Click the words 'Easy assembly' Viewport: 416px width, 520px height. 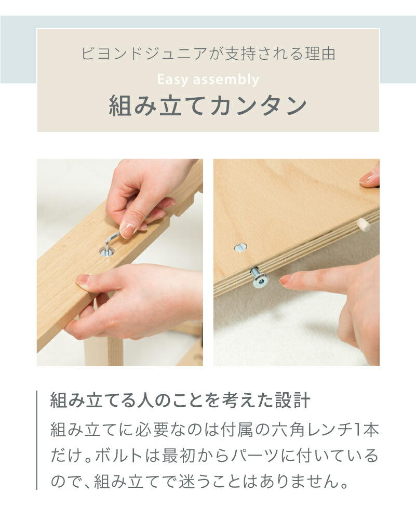click(208, 80)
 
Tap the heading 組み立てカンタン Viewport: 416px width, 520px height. click(208, 105)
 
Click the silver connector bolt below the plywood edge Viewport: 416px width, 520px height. click(259, 277)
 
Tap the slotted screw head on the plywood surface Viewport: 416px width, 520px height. click(240, 247)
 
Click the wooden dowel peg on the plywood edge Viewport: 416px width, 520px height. click(364, 225)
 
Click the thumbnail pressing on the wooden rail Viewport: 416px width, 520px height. click(83, 279)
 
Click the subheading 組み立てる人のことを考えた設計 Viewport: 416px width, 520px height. click(180, 400)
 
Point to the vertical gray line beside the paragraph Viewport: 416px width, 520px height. click(37, 440)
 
